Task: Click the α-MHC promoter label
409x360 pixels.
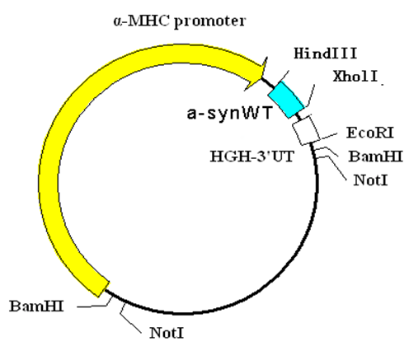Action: (x=180, y=21)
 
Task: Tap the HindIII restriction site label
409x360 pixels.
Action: (x=326, y=54)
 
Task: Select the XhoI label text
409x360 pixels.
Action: (x=355, y=76)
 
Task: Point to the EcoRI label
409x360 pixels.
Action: (x=370, y=133)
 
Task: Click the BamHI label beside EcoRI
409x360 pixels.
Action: (x=375, y=157)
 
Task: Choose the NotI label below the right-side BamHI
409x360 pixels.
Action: (x=370, y=180)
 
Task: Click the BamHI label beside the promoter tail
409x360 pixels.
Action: (x=36, y=306)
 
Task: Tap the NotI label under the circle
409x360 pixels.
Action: (x=167, y=333)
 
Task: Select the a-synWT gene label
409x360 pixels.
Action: (x=230, y=113)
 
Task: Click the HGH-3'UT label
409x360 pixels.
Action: (x=252, y=157)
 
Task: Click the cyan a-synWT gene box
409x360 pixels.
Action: (x=286, y=100)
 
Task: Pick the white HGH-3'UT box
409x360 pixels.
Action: (x=306, y=130)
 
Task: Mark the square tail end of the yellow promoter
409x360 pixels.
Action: (x=101, y=288)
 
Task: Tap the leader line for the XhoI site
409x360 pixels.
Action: (x=311, y=96)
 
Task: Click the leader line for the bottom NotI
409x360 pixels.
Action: (x=129, y=318)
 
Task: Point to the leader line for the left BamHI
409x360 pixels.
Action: (x=93, y=305)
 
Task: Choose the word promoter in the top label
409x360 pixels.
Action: (x=210, y=21)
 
